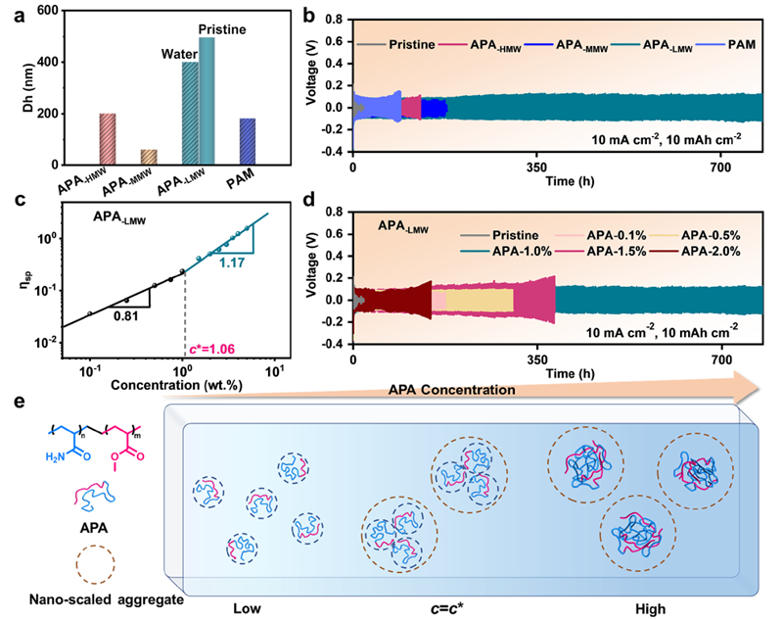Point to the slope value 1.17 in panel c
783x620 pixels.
pyautogui.click(x=232, y=262)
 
